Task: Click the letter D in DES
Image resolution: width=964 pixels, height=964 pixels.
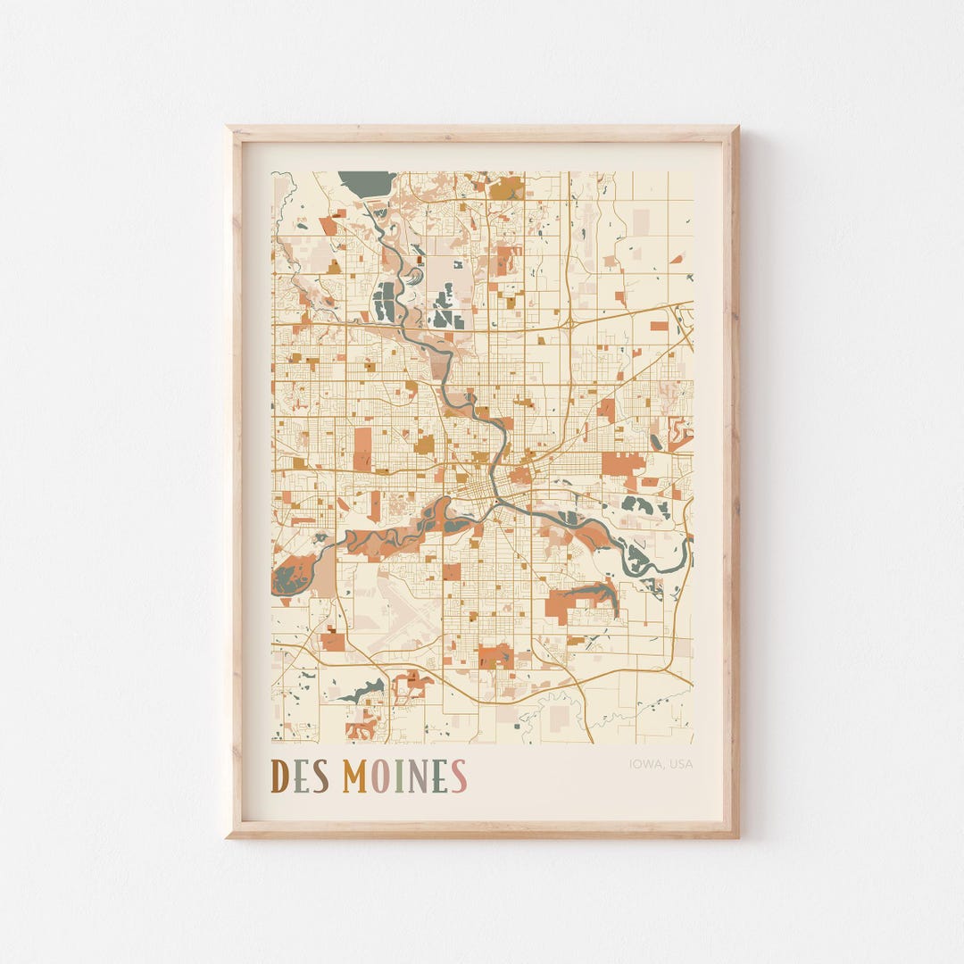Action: [x=279, y=777]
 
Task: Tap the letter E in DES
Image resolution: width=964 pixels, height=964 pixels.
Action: [x=302, y=777]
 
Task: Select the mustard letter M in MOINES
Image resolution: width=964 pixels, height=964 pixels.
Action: [x=355, y=777]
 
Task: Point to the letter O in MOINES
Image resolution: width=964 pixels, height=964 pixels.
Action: [x=381, y=777]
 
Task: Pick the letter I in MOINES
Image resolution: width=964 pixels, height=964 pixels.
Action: [x=399, y=777]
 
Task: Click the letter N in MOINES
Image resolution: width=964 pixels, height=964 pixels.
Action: [x=418, y=777]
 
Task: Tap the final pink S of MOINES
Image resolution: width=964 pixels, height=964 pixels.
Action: [x=458, y=777]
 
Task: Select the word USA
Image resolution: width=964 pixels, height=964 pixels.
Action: [x=681, y=764]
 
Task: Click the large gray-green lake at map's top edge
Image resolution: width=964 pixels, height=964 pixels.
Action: [x=366, y=181]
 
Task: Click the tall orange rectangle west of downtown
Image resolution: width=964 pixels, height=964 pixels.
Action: [x=362, y=448]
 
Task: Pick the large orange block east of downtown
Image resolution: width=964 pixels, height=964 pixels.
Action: [x=622, y=462]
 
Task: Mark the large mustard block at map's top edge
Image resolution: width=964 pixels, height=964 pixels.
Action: [x=507, y=187]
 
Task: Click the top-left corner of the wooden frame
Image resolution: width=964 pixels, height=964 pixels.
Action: [x=229, y=129]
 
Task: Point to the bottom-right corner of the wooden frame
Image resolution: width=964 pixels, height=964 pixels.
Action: [x=736, y=835]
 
